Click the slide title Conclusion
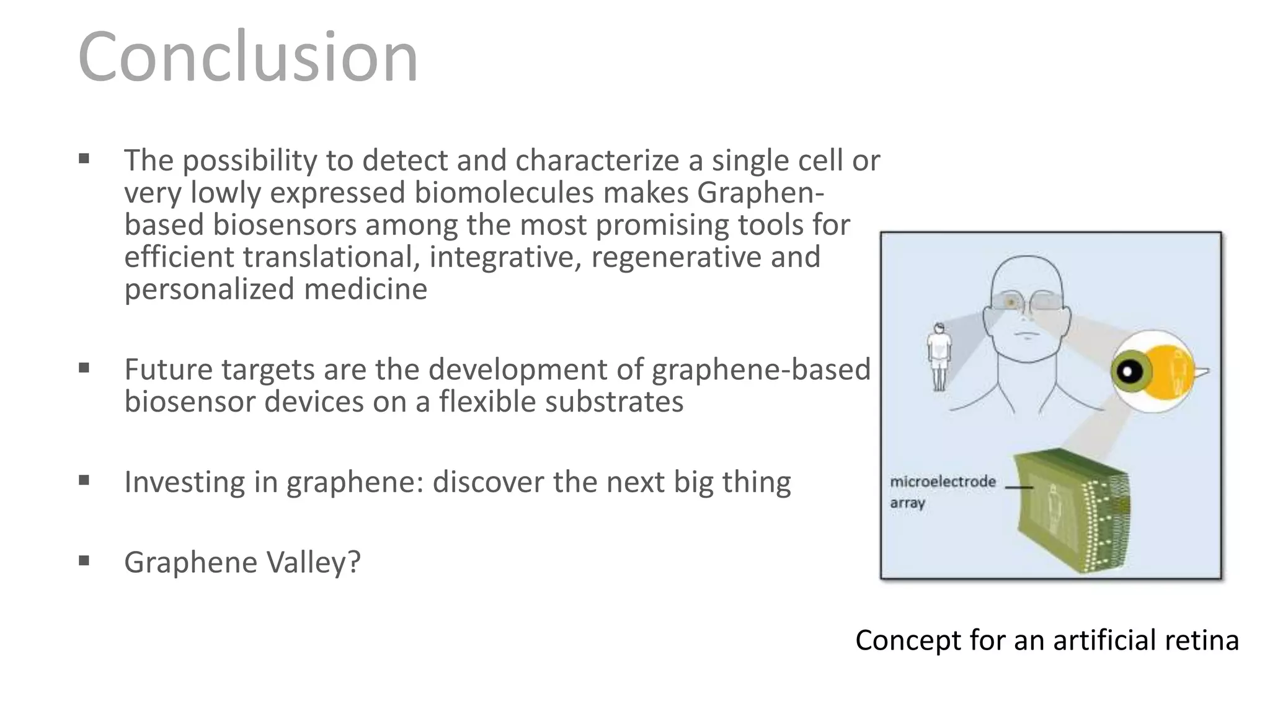pos(248,57)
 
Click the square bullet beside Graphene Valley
pos(84,561)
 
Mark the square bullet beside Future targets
pos(84,368)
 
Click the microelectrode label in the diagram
pos(943,482)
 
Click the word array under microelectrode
pos(907,503)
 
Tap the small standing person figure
pos(939,357)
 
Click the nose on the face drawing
pos(1026,322)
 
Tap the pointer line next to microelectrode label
pos(1018,487)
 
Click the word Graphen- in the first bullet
pos(760,192)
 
